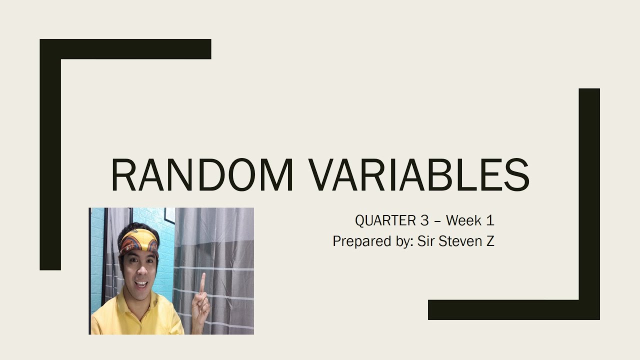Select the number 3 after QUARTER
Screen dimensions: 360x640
click(423, 220)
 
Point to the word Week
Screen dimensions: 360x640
click(463, 220)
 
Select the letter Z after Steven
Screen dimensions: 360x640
click(489, 241)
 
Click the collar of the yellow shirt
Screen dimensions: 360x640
click(125, 300)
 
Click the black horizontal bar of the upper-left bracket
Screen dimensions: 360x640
click(125, 49)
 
